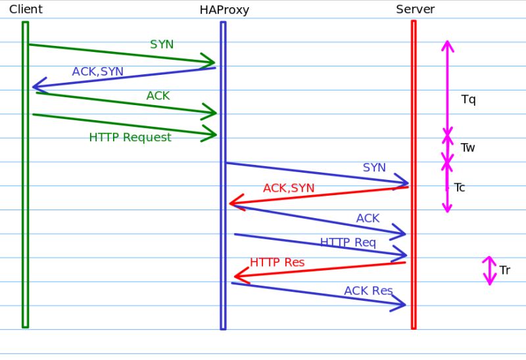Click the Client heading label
pyautogui.click(x=26, y=9)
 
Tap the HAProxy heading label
pyautogui.click(x=224, y=10)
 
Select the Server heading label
pyautogui.click(x=415, y=9)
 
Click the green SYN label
pyautogui.click(x=162, y=44)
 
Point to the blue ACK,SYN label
pyautogui.click(x=97, y=72)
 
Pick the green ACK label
pyautogui.click(x=158, y=96)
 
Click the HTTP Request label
pyautogui.click(x=130, y=137)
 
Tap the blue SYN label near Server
pyautogui.click(x=374, y=168)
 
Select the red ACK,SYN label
pyautogui.click(x=289, y=189)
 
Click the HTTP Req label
pyautogui.click(x=348, y=242)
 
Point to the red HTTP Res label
pyautogui.click(x=277, y=263)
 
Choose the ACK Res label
pyautogui.click(x=368, y=291)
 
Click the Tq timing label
pyautogui.click(x=468, y=100)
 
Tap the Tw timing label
pyautogui.click(x=467, y=148)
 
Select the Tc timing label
pyautogui.click(x=460, y=188)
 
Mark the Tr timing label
pyautogui.click(x=504, y=271)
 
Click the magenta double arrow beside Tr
pyautogui.click(x=489, y=271)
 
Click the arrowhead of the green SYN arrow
pyautogui.click(x=210, y=63)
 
